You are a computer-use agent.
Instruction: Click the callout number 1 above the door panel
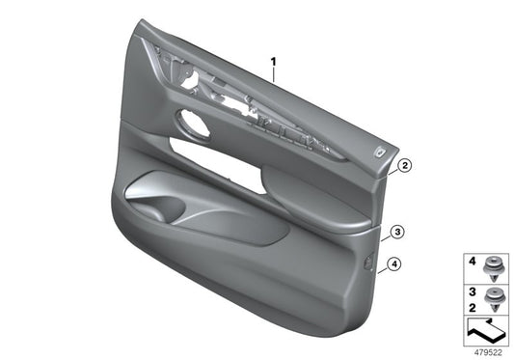(x=274, y=65)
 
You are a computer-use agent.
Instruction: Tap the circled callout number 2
(x=406, y=165)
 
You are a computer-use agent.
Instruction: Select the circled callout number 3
(x=397, y=232)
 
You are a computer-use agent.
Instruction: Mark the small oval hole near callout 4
(x=370, y=259)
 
